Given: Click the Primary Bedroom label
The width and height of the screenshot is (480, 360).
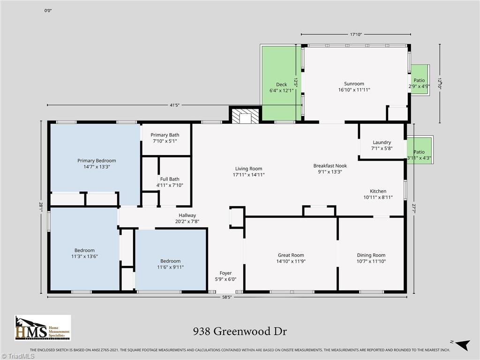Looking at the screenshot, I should (97, 161).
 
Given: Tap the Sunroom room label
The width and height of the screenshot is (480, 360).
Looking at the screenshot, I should (354, 84).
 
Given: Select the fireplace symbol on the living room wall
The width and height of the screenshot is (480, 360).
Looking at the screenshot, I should (244, 117).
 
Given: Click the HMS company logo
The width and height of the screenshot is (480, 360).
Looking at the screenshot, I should (43, 328).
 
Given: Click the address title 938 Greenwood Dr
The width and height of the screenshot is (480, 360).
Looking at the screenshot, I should (240, 331).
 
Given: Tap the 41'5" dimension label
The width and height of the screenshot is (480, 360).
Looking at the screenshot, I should (174, 105).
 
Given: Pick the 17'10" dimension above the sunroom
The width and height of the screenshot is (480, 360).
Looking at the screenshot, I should (356, 34).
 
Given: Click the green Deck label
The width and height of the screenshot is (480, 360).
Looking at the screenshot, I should (281, 85).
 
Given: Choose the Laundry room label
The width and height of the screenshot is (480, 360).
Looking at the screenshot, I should (382, 142).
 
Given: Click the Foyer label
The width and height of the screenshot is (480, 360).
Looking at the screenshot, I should (225, 273).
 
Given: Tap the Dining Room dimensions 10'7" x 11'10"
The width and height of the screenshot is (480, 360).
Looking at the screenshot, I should (371, 262).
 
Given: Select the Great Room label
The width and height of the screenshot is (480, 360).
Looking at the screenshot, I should (291, 255).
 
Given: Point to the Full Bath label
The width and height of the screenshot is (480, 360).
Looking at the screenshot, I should (169, 179).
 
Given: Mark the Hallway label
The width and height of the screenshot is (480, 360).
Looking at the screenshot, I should (187, 216).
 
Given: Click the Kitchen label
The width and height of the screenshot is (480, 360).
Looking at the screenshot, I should (378, 191).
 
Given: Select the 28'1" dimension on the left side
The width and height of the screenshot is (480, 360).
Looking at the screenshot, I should (42, 205).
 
